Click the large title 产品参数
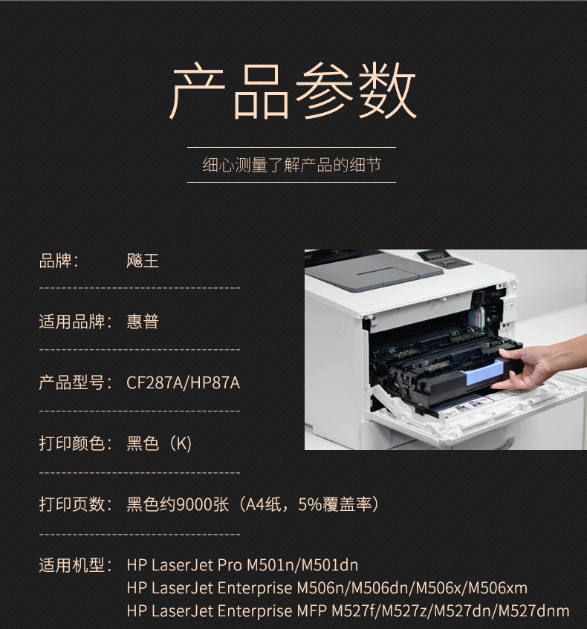point(293,91)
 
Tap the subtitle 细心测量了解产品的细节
point(292,165)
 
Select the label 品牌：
point(59,261)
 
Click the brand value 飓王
point(143,261)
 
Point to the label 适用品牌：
point(77,322)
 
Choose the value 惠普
point(143,322)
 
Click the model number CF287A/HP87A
point(183,382)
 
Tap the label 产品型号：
point(77,382)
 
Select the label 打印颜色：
point(77,443)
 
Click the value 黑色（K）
point(159,443)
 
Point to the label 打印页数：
point(77,504)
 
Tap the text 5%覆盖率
point(335,504)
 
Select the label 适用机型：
point(77,565)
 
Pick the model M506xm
point(498,588)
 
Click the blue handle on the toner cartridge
point(481,374)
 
